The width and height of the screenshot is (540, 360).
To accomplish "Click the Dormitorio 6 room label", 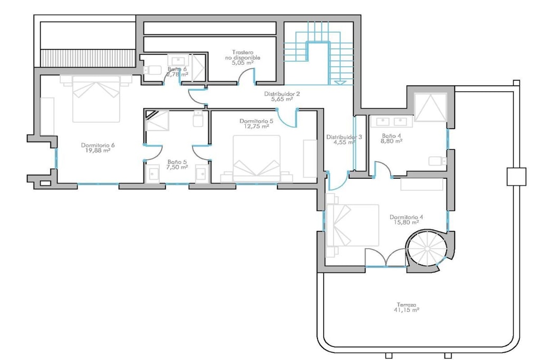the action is click(x=98, y=145).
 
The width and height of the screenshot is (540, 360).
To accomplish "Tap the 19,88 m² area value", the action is click(x=98, y=150).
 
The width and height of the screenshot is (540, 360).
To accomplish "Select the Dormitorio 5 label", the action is click(x=256, y=121).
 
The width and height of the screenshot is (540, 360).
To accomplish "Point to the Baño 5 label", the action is click(x=177, y=162).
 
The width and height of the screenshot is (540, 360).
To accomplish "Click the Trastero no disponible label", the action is click(x=243, y=55).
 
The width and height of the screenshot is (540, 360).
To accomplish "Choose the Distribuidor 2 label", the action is click(x=282, y=94).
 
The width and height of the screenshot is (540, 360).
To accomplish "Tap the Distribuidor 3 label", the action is click(x=344, y=137).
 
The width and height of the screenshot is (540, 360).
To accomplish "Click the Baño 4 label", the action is click(x=392, y=135).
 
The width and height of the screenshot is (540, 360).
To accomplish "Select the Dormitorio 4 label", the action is click(x=407, y=217).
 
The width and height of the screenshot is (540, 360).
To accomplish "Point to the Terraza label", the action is click(x=407, y=305).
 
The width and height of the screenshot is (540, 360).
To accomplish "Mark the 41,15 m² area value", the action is click(x=407, y=310).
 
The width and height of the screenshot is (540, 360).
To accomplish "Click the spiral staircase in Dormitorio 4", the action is click(x=427, y=248).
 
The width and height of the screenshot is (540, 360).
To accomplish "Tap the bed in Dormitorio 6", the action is click(x=96, y=99).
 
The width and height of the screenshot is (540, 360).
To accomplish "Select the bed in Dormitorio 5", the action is click(x=257, y=159).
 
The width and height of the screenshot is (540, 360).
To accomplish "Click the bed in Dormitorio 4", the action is click(x=352, y=226).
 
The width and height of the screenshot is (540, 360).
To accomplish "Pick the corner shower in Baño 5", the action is click(x=157, y=120).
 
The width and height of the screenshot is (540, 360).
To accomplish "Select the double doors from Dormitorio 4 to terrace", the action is click(x=385, y=257).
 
